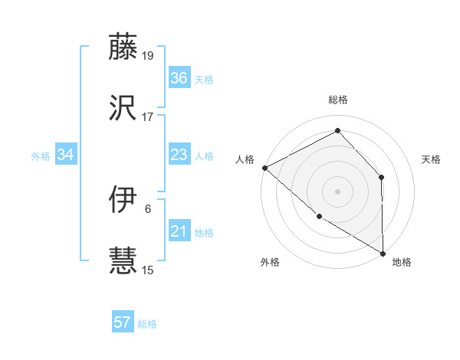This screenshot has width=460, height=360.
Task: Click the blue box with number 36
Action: (179, 78)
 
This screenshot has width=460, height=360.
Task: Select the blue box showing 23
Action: (179, 155)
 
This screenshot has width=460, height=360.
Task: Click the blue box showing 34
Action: (65, 155)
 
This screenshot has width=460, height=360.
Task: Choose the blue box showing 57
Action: (123, 323)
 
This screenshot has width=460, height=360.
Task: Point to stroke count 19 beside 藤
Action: (148, 55)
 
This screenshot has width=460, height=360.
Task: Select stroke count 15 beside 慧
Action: (148, 270)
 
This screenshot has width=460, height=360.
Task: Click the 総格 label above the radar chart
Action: (337, 100)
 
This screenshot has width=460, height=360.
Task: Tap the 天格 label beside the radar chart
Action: (431, 159)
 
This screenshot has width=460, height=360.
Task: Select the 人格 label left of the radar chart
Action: (245, 159)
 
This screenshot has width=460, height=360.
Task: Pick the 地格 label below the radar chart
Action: (402, 262)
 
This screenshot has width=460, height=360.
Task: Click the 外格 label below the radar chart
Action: (270, 262)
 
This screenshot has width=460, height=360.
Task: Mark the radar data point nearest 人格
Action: (264, 168)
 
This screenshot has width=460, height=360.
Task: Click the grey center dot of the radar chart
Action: (337, 191)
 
